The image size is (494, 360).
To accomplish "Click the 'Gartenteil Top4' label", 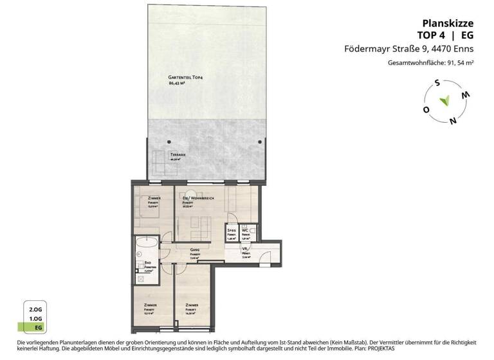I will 185,78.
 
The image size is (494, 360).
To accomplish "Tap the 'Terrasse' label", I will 178,156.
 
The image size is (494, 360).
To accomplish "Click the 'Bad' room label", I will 148,263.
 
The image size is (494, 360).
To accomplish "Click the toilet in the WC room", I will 252,230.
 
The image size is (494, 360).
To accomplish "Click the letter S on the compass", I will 435,82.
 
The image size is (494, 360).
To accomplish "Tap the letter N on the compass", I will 453,120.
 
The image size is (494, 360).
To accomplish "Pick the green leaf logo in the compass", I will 444,101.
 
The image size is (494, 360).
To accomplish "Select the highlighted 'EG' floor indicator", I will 35,327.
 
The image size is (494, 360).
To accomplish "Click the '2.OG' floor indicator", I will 35,309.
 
